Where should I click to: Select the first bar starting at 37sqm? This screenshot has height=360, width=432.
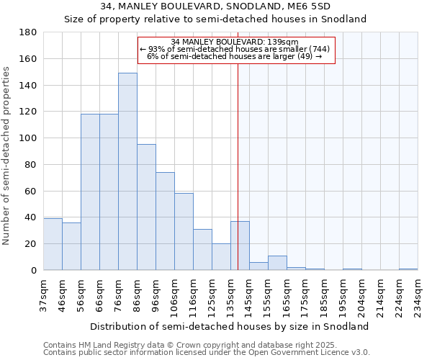(x=53, y=244)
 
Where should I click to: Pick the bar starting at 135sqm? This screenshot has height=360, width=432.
(x=240, y=246)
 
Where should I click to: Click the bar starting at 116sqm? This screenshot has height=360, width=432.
(x=202, y=250)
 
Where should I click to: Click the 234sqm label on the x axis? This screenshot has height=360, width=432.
(x=418, y=295)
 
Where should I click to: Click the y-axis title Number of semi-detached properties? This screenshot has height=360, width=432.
(x=7, y=156)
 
